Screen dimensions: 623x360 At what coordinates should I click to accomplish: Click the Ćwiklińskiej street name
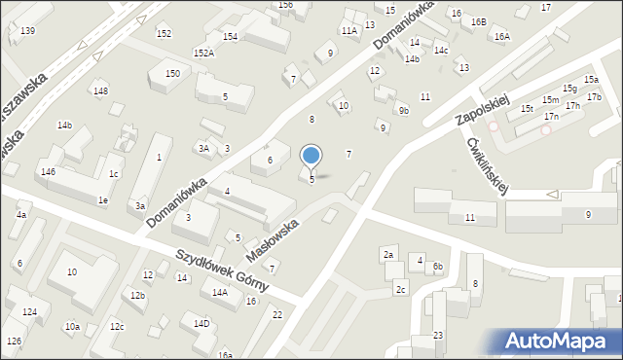pos(488,166)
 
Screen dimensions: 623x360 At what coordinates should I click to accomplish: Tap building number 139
pos(27,31)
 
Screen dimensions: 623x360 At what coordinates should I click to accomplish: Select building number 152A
pos(203,54)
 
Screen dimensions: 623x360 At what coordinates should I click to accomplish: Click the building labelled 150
pos(172,74)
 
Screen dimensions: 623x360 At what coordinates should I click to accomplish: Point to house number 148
pos(100,90)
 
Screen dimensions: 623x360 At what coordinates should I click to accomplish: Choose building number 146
pos(48,171)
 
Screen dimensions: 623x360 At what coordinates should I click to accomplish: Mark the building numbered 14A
pos(220,292)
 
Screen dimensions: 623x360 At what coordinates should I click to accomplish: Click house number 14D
pos(202,323)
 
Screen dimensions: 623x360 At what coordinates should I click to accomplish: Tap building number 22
pos(277,314)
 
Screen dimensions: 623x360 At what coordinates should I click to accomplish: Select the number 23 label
pos(438,336)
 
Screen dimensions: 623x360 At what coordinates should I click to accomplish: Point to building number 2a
pos(388,254)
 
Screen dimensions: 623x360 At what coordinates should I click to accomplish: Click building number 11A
pos(349,31)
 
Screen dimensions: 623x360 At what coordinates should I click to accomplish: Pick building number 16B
pos(478,21)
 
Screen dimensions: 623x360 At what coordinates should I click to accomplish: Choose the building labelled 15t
pos(527,109)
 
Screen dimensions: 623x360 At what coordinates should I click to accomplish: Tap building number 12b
pos(138,295)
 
